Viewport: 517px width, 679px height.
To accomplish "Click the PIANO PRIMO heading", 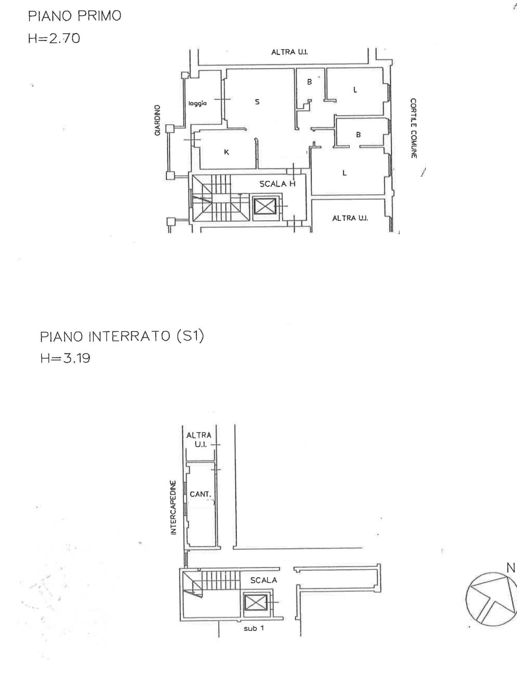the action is click(x=75, y=16).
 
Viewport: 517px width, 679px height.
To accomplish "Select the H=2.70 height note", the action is click(x=54, y=39).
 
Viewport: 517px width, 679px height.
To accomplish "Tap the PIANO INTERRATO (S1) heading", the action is click(x=122, y=337).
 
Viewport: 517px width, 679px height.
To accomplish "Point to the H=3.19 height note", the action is click(x=65, y=358).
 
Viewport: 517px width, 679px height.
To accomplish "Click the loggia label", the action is click(x=197, y=104).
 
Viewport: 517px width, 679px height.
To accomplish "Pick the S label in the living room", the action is click(x=257, y=102).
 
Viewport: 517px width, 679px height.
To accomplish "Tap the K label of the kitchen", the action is click(x=226, y=152).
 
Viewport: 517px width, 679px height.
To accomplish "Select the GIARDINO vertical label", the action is click(x=157, y=120).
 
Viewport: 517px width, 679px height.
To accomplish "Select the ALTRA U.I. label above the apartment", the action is click(x=289, y=52).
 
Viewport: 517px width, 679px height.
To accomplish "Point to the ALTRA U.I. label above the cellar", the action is click(x=199, y=440).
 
